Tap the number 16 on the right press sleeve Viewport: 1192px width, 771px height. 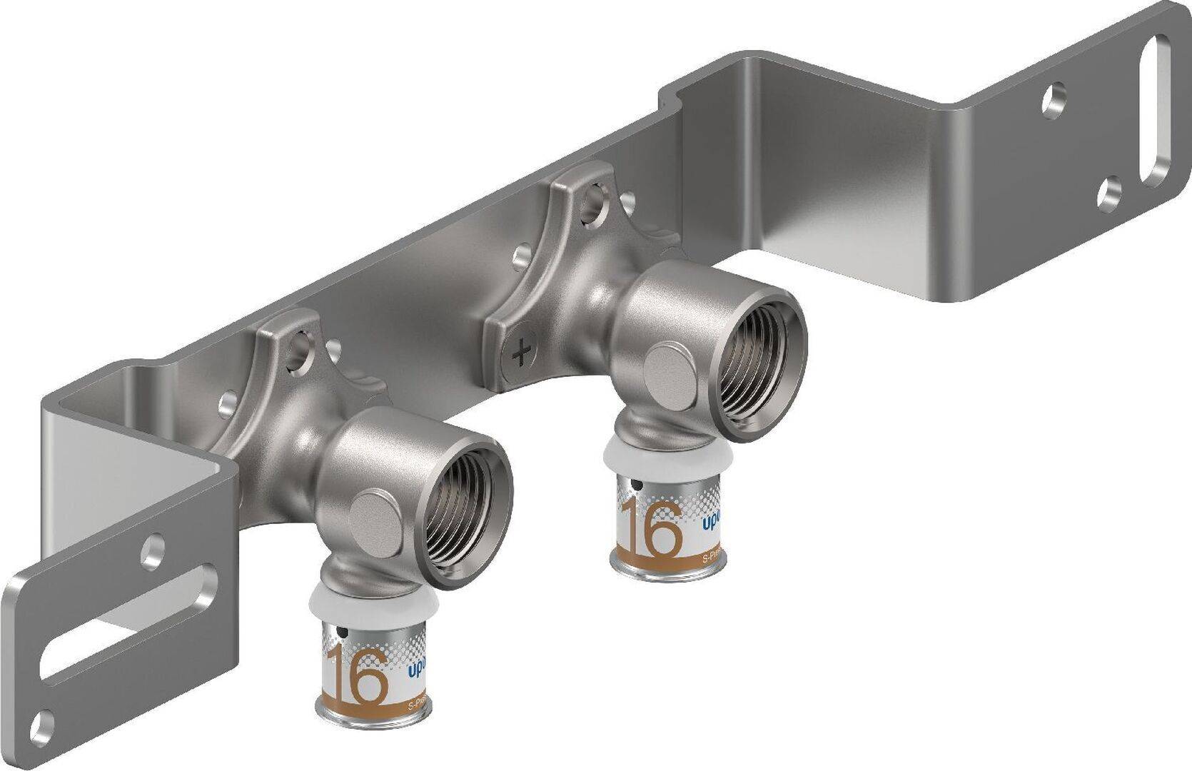point(650,526)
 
